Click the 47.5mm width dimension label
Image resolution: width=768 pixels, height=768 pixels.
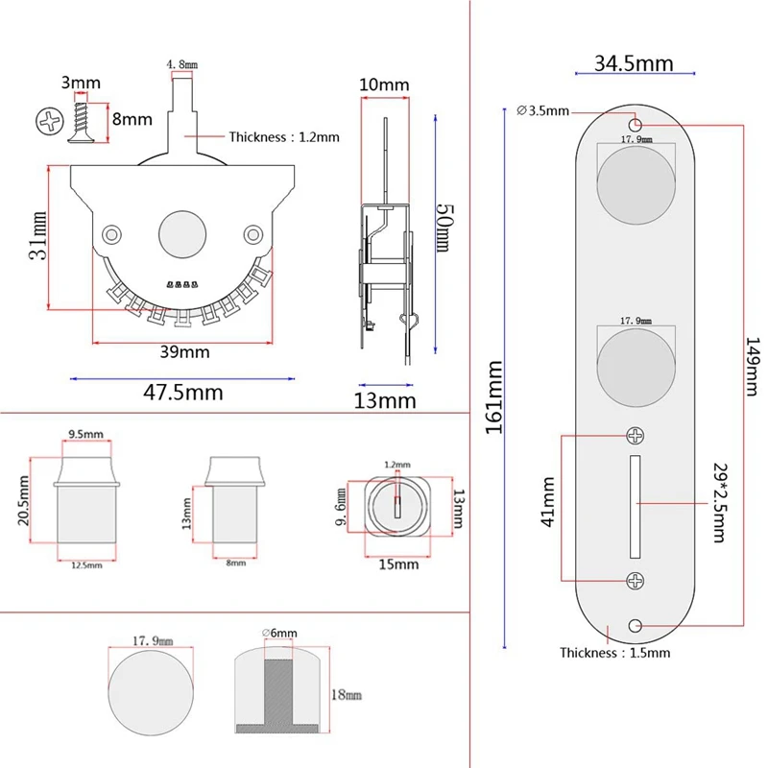[183, 392]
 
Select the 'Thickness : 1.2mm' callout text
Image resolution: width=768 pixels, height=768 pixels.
[283, 136]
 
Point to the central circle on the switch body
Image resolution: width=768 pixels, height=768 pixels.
[182, 233]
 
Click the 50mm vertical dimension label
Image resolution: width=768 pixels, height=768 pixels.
[444, 228]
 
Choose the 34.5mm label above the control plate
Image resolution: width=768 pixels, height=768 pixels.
[633, 64]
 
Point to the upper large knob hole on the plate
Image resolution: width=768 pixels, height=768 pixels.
[634, 180]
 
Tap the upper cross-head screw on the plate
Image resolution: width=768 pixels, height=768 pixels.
[636, 436]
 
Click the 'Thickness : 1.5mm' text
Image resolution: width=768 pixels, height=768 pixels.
[614, 653]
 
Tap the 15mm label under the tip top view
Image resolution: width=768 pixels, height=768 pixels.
[397, 564]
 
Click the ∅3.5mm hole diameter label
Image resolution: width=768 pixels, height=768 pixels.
[543, 110]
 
